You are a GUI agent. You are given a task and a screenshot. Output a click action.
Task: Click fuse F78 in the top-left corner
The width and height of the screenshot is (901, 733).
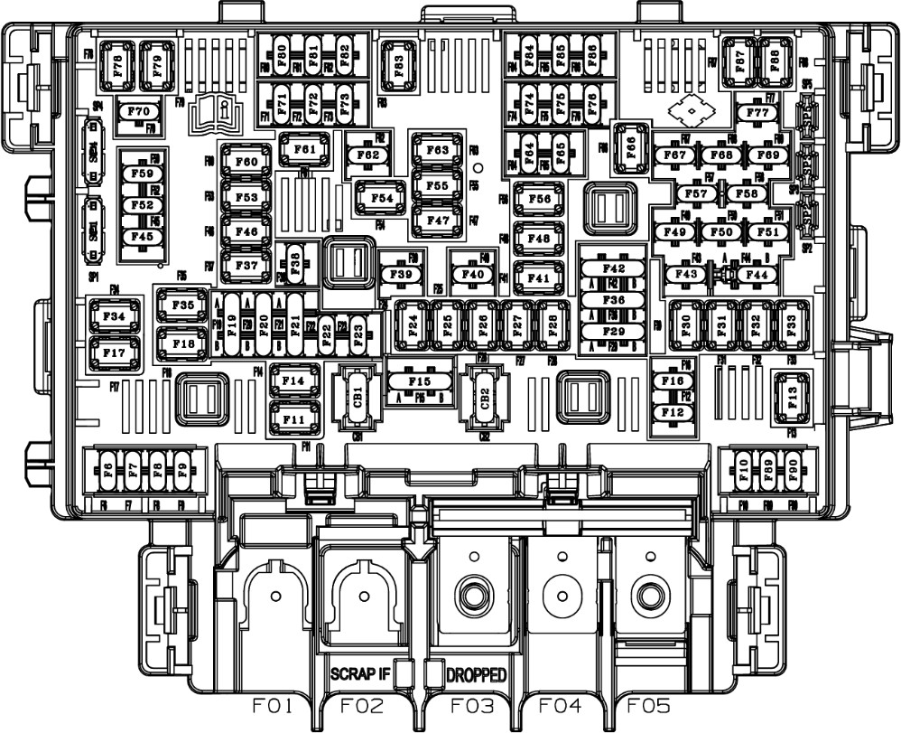[x=115, y=65]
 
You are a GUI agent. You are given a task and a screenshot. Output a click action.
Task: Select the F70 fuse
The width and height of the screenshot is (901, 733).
[x=139, y=112]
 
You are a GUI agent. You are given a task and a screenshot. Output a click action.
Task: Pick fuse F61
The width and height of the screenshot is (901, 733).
[x=304, y=149]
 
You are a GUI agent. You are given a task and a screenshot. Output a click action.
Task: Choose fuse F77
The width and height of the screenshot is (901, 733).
[x=758, y=113]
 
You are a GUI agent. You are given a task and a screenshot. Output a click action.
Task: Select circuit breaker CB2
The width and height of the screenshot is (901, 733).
[x=485, y=397]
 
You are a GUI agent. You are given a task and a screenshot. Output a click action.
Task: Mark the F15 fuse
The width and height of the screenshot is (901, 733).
[x=420, y=382]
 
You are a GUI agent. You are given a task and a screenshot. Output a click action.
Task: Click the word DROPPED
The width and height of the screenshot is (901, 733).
[x=476, y=674]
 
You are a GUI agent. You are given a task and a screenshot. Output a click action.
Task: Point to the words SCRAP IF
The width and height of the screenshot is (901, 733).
[x=360, y=674]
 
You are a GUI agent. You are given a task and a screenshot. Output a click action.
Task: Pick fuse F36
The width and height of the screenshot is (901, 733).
[x=613, y=300]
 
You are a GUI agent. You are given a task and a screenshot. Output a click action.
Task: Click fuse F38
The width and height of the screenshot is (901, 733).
[x=295, y=260]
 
